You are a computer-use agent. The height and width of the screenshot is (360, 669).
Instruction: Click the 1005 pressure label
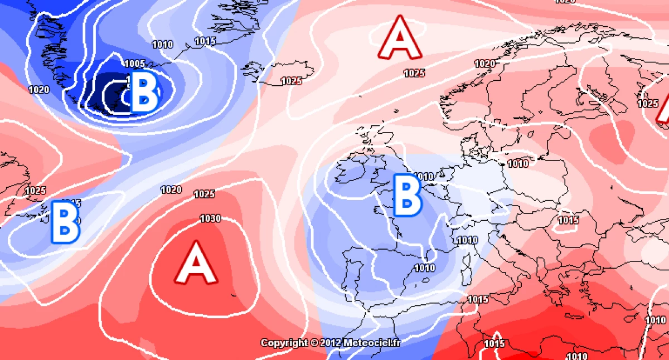click(135, 64)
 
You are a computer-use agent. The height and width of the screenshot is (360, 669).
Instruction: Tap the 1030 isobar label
click(210, 218)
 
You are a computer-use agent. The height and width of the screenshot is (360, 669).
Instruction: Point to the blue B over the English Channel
click(407, 195)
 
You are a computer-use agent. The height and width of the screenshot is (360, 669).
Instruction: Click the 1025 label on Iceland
click(291, 81)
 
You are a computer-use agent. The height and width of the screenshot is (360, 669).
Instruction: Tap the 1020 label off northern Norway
click(484, 64)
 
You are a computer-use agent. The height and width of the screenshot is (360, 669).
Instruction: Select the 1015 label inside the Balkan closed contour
click(568, 220)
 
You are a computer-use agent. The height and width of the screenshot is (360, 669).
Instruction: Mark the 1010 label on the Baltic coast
click(518, 163)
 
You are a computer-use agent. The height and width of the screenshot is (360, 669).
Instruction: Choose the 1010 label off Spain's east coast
click(424, 268)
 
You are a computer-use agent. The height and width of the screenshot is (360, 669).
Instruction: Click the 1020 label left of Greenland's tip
click(38, 90)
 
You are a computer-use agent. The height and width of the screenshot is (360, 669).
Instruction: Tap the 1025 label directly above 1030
click(204, 194)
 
